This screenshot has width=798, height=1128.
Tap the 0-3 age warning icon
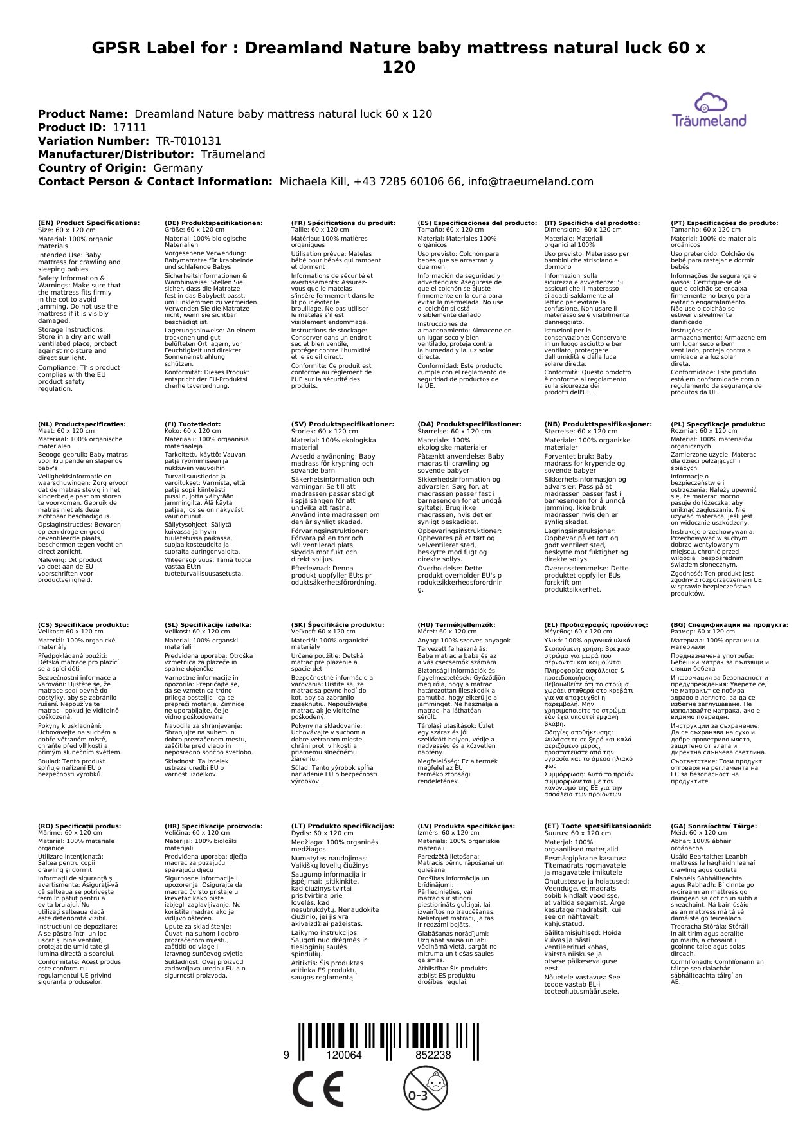(x=424, y=1087)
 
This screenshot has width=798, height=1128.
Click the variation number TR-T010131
(x=188, y=141)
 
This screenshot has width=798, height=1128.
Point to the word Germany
(x=177, y=168)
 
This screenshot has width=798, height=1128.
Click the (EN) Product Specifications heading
(x=89, y=223)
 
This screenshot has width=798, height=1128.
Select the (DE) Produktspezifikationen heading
(x=213, y=223)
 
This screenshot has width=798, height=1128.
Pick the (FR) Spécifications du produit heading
(x=343, y=223)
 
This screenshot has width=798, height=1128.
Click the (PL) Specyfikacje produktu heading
(x=718, y=424)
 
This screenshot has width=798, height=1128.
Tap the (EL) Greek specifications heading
(x=596, y=625)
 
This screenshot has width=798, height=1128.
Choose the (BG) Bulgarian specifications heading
(x=729, y=625)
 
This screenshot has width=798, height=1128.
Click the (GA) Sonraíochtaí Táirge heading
(x=705, y=826)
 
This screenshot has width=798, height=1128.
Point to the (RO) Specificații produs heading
(x=79, y=826)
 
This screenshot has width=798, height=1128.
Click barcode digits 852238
(x=433, y=1055)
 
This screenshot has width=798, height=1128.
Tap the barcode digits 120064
(x=344, y=1055)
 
